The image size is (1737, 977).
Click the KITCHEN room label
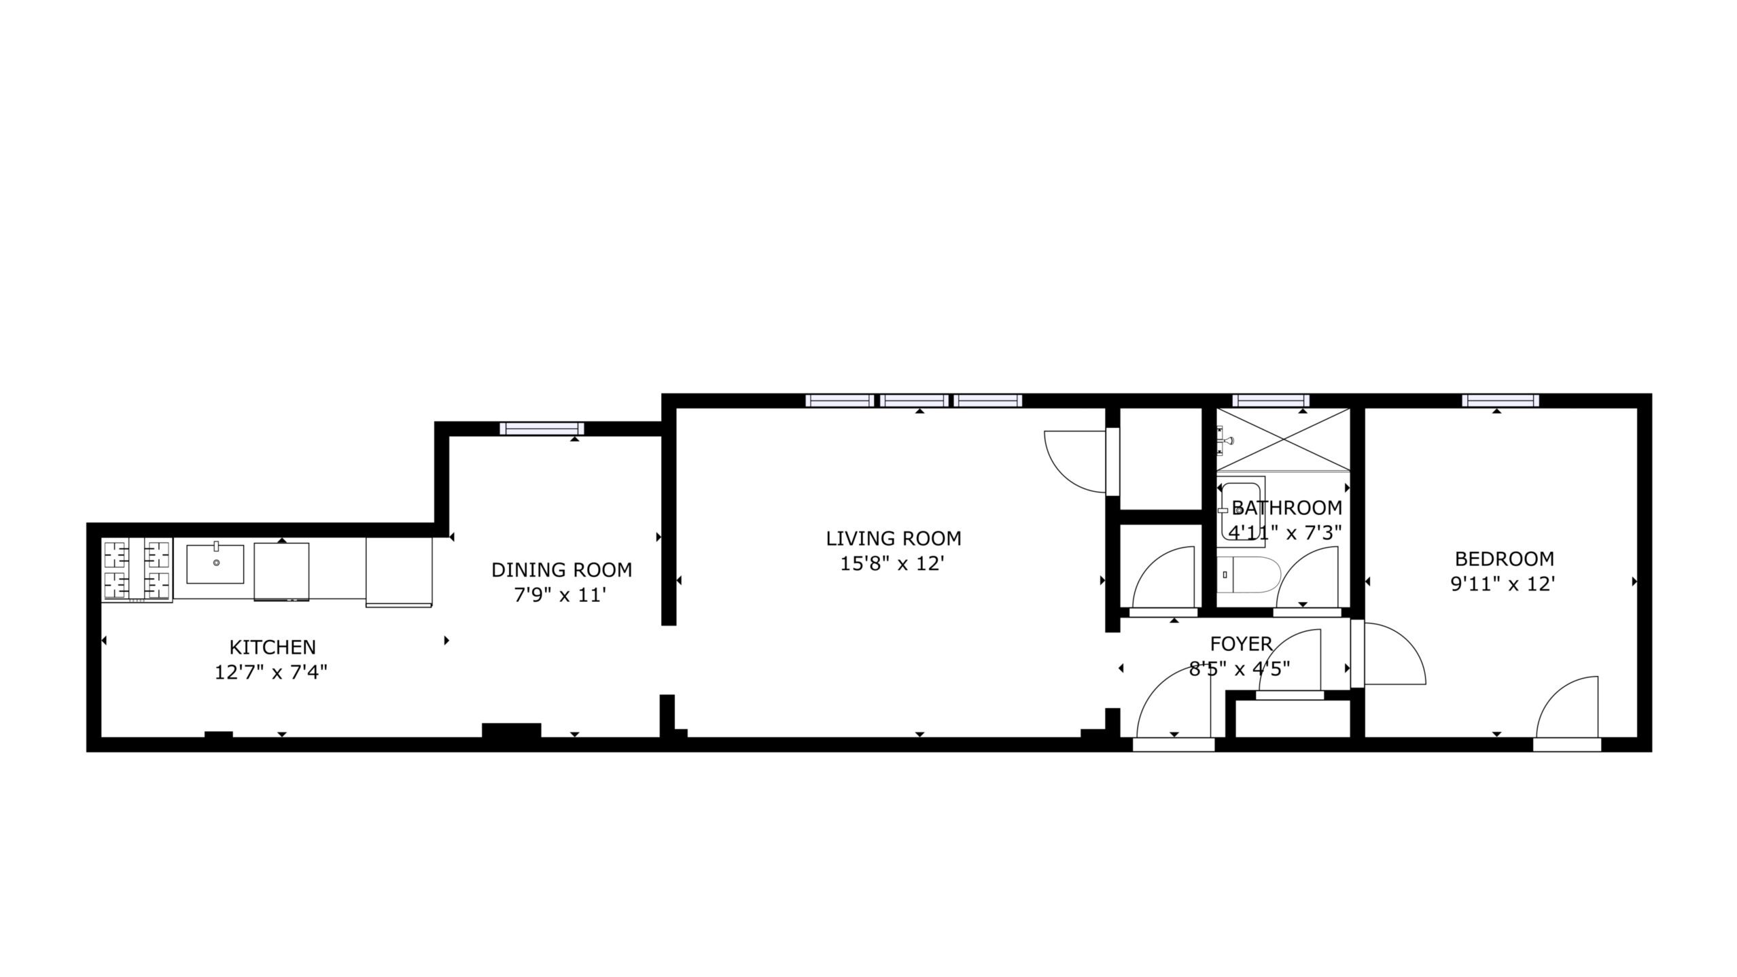(x=273, y=647)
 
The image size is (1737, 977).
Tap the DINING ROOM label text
(x=561, y=569)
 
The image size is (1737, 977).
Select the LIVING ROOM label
(x=894, y=538)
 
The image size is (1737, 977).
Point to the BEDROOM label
(x=1504, y=558)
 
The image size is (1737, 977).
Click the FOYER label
(x=1241, y=643)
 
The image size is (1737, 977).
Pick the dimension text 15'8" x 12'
(x=893, y=563)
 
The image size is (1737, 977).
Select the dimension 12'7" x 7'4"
(x=271, y=672)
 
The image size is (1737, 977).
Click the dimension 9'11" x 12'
(x=1503, y=584)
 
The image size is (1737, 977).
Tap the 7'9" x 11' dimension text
(x=560, y=595)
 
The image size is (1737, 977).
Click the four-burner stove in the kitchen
(x=137, y=569)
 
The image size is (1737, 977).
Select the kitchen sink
(x=215, y=563)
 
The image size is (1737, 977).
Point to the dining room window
(x=542, y=428)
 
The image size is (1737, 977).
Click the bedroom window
(x=1501, y=400)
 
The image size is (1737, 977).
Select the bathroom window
(x=1271, y=400)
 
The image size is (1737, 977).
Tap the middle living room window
(x=914, y=400)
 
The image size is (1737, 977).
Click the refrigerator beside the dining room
(x=399, y=572)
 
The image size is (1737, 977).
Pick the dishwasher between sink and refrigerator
(x=281, y=572)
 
